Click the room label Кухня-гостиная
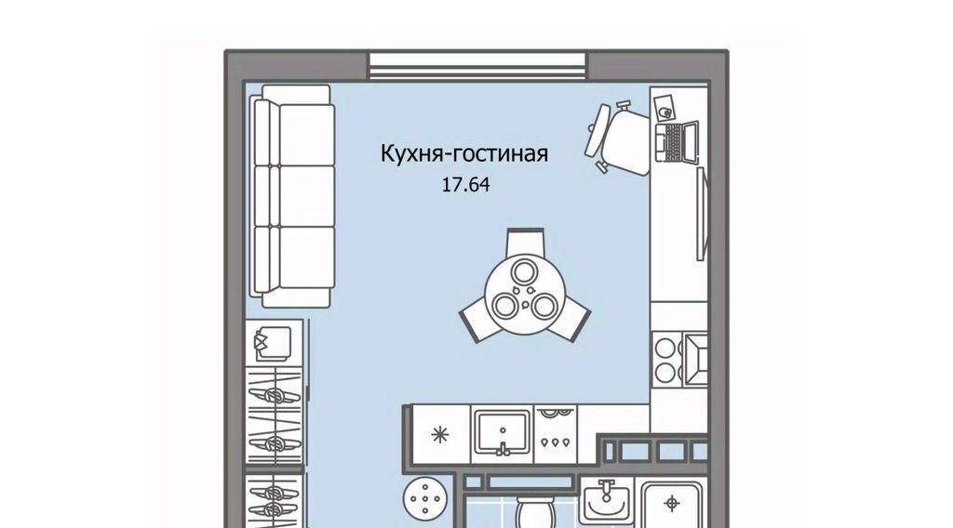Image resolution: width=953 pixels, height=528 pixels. (x=464, y=153)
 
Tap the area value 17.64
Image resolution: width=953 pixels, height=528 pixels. (x=465, y=184)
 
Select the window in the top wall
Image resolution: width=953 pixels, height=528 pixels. (x=477, y=66)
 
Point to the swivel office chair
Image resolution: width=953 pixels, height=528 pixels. (x=617, y=139)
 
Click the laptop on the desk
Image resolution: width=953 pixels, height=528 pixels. (x=677, y=142)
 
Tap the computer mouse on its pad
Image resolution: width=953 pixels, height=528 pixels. (x=666, y=112)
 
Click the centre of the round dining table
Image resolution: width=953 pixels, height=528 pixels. (x=525, y=293)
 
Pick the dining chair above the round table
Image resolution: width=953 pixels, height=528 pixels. (x=525, y=241)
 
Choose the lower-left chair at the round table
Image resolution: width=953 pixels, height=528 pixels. (x=478, y=321)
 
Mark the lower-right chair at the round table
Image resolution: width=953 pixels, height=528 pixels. (x=571, y=321)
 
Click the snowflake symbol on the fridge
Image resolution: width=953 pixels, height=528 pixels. (x=440, y=434)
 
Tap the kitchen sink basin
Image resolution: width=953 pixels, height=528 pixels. (x=503, y=431)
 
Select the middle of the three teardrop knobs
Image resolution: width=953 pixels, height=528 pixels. (x=557, y=442)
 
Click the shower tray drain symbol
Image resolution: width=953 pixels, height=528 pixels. (x=672, y=503)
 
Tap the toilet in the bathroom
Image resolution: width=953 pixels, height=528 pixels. (x=535, y=513)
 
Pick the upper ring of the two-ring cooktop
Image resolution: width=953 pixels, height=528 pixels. (x=665, y=348)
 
